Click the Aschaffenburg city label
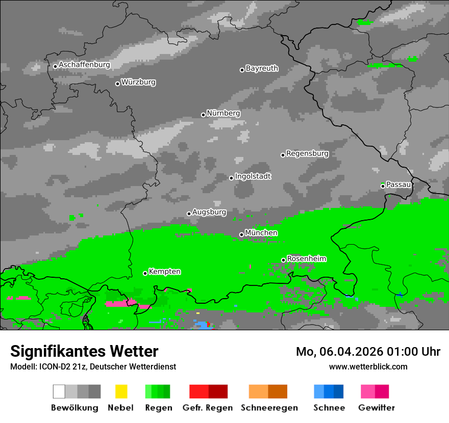84,65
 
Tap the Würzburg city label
138,82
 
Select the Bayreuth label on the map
262,68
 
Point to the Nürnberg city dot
203,115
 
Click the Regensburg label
307,153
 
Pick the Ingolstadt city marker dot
231,178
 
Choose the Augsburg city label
209,212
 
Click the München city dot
241,234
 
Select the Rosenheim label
306,259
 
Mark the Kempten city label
164,272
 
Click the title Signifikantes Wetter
84,351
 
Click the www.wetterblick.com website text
368,366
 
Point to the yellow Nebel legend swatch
121,391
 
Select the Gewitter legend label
377,408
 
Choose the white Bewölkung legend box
59,391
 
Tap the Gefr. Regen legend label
208,408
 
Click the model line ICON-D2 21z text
93,366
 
